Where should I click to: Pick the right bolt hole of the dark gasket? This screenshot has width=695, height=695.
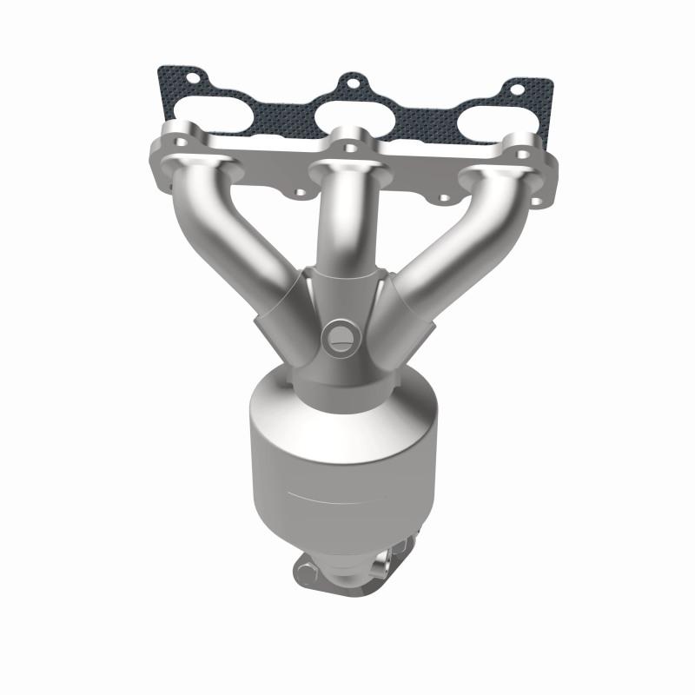(517, 89)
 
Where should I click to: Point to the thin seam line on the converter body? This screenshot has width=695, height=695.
(339, 498)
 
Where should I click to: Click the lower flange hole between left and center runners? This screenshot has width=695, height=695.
(297, 195)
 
